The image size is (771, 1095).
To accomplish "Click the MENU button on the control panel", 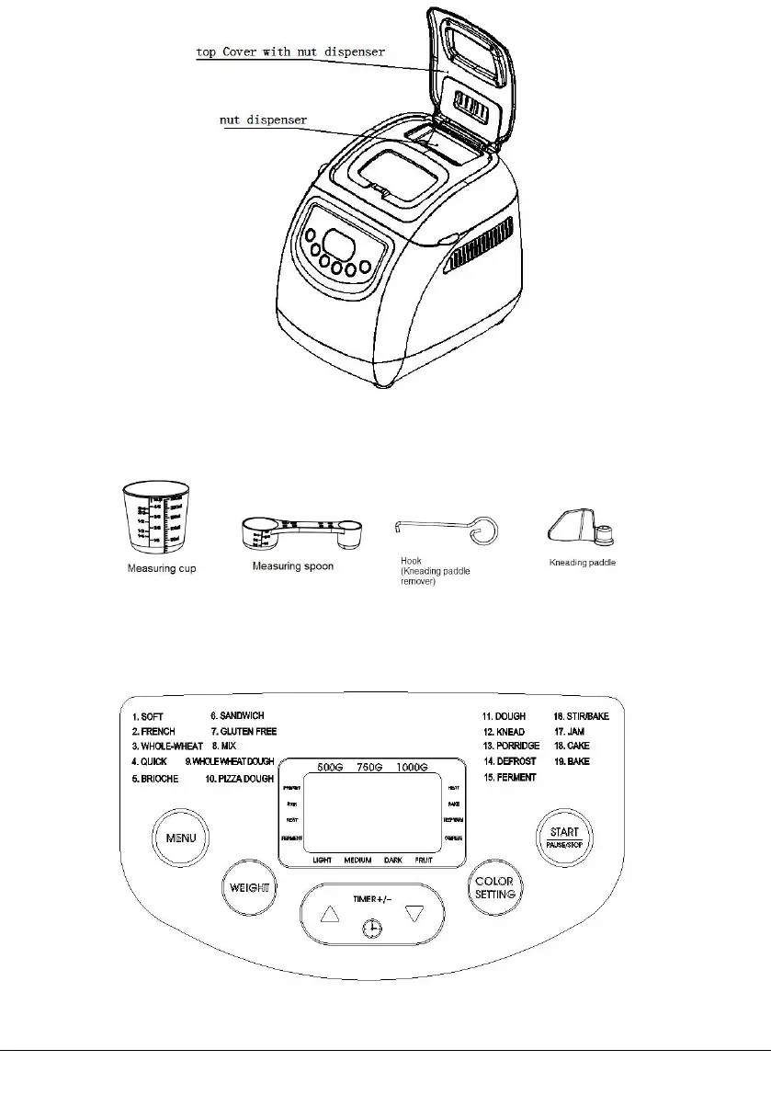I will point(176,838).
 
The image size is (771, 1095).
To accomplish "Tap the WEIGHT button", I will point(249,888).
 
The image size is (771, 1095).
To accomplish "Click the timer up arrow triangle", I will point(330,914).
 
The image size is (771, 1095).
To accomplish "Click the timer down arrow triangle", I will point(415,914).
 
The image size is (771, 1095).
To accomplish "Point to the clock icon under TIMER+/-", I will point(372,930).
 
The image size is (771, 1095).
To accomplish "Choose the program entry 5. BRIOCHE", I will point(154,779).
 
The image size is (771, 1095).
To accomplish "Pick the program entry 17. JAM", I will point(570,731).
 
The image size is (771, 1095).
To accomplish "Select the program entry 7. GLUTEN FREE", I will point(244,731).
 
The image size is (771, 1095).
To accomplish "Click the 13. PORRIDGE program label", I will point(511,747).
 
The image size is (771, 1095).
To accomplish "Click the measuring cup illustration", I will point(150,519).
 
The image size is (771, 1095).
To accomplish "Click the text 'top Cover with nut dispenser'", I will point(290,52).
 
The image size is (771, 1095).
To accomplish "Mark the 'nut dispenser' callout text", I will point(263,120).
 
